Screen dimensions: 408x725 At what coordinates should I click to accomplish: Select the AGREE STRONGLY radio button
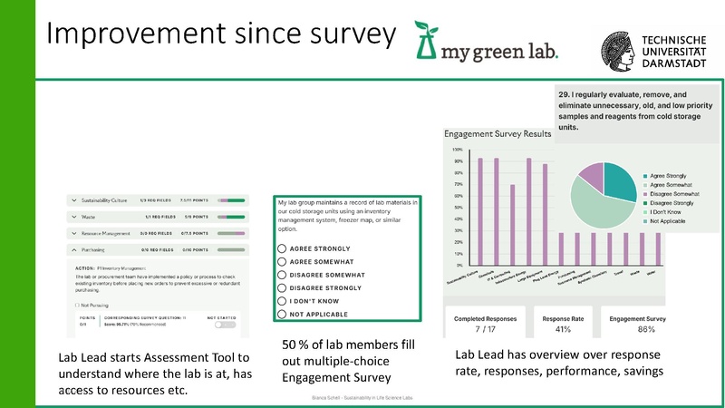tap(283, 248)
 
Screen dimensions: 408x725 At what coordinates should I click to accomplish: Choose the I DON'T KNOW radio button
tap(283, 300)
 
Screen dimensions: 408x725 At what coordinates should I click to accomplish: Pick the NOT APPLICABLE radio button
tap(283, 314)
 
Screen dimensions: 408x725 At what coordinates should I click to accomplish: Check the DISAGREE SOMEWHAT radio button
tap(283, 274)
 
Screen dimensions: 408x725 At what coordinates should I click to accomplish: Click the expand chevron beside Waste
tap(74, 217)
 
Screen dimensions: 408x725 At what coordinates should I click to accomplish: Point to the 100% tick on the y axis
tap(458, 149)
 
